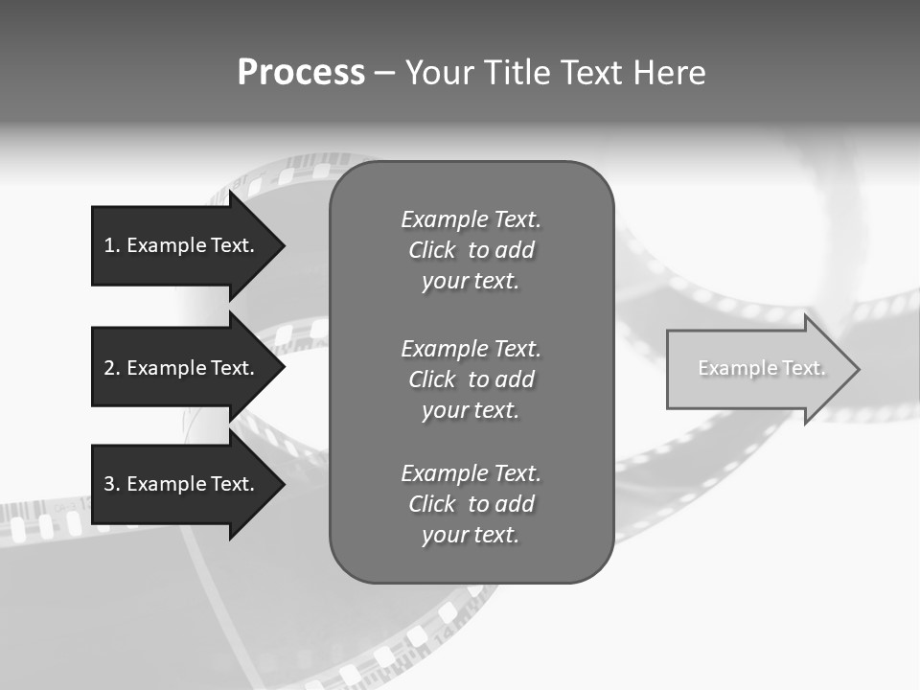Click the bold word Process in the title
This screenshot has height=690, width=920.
[301, 73]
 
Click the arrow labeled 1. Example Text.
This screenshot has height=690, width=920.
[182, 245]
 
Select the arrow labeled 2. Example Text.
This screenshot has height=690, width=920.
[182, 368]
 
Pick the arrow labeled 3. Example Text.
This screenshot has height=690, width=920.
[182, 484]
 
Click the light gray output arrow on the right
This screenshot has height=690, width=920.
[757, 369]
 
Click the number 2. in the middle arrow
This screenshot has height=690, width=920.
[112, 368]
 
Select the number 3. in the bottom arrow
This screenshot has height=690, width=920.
[112, 484]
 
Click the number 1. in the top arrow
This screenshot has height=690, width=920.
[112, 245]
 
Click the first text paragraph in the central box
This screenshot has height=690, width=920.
[471, 250]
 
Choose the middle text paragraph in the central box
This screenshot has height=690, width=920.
[471, 379]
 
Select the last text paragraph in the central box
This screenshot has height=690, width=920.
[471, 504]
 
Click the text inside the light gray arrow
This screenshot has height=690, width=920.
[761, 368]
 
